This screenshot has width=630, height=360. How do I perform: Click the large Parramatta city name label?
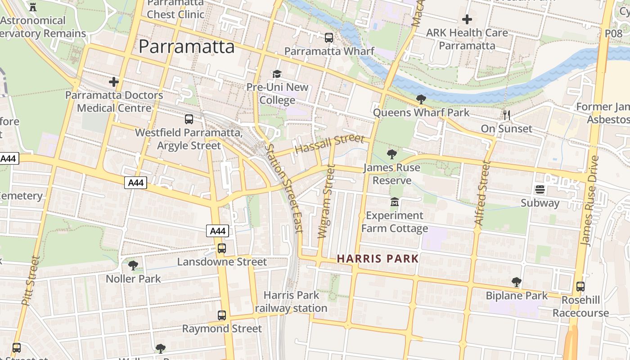point(186,47)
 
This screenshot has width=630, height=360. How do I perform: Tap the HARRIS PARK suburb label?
point(378,259)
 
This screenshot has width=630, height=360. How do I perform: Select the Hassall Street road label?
point(329,144)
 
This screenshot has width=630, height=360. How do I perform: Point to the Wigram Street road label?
point(326,201)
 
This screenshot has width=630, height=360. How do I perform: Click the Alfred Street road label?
point(481,193)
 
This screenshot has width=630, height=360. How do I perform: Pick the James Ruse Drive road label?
point(590,201)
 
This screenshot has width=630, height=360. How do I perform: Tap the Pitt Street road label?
point(31,281)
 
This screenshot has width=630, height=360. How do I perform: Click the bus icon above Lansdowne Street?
point(221,248)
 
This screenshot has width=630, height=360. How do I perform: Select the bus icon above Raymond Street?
point(221,315)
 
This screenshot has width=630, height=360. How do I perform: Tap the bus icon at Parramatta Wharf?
point(329,38)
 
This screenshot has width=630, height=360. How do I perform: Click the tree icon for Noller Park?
point(133,265)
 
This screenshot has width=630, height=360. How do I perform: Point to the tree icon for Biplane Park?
point(517,282)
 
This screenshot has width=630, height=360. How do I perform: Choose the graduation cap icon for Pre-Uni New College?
point(277,74)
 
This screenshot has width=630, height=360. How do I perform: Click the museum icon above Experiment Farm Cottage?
point(395,202)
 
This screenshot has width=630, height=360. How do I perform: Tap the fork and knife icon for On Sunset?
point(506,115)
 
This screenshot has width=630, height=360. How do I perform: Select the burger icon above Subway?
point(540,189)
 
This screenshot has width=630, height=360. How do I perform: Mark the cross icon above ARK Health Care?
point(467,19)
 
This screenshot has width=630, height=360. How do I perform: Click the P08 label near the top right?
point(613,33)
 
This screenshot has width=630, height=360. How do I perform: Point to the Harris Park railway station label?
point(291,301)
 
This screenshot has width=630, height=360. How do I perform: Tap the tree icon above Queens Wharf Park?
point(421,99)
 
